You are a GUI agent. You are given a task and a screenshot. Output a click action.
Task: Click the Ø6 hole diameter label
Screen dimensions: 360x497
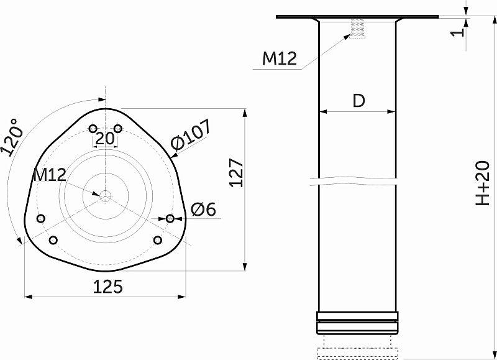(x=203, y=210)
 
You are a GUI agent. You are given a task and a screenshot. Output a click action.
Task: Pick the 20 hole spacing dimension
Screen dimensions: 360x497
(x=105, y=139)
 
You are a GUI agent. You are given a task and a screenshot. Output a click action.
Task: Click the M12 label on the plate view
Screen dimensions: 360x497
(x=49, y=175)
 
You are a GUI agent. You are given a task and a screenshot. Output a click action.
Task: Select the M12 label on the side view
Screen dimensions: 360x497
(x=279, y=58)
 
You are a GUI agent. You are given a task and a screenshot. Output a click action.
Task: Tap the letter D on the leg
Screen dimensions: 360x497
(x=358, y=101)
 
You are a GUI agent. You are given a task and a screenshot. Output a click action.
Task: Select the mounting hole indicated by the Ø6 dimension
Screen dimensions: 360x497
(x=170, y=218)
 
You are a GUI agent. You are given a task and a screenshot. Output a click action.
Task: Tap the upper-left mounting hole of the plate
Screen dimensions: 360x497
(x=93, y=129)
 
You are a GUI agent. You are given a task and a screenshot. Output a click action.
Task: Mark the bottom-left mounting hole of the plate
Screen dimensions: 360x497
(x=53, y=240)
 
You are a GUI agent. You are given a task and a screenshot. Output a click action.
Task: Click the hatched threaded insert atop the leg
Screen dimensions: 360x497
(x=357, y=29)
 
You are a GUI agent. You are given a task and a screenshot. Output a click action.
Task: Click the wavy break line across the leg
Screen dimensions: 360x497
(x=357, y=182)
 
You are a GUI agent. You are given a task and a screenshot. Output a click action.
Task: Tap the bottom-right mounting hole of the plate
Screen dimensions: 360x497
(x=158, y=240)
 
